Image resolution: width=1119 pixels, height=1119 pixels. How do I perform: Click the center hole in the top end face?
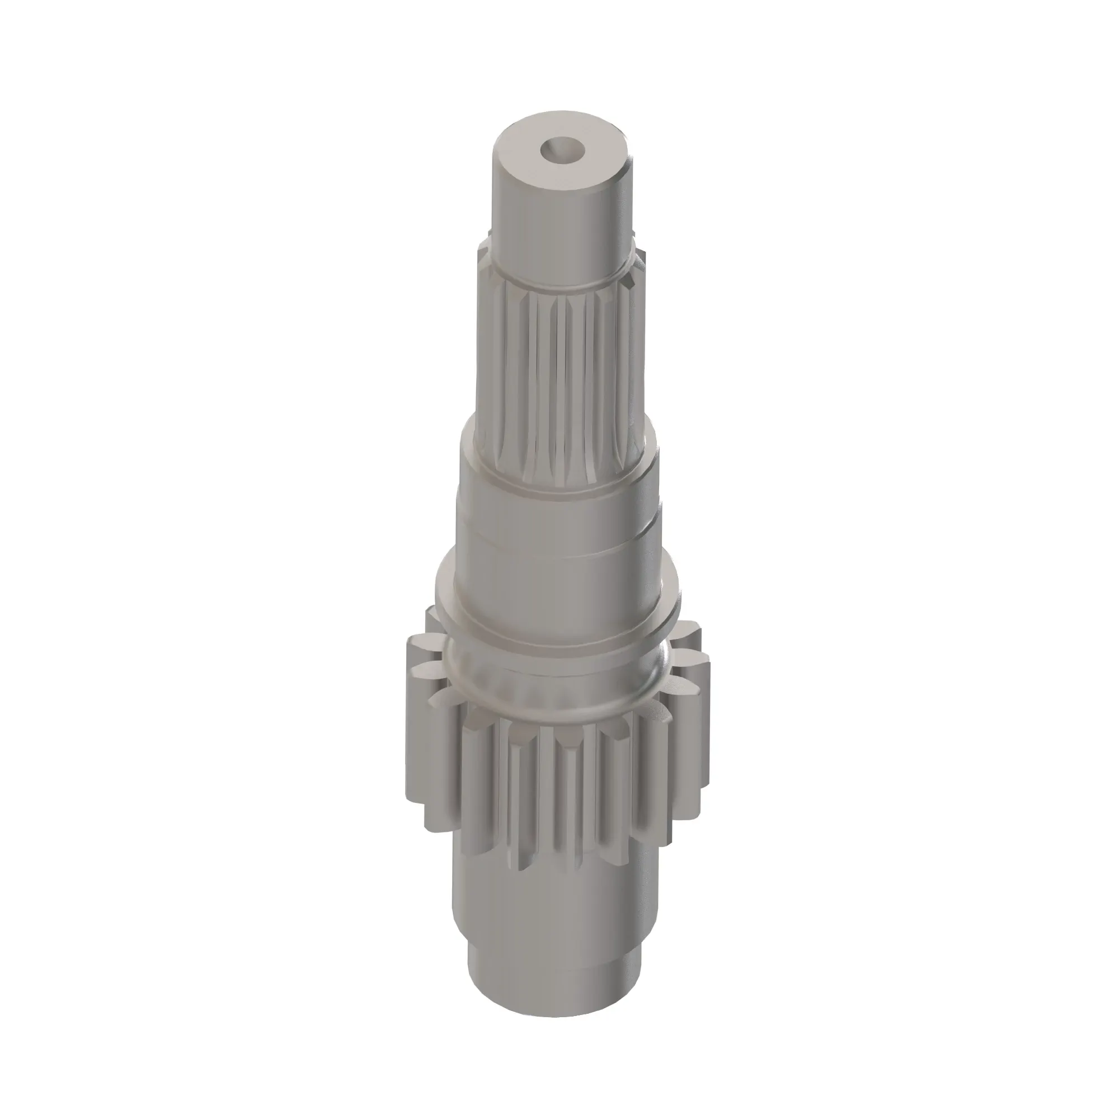coord(562,150)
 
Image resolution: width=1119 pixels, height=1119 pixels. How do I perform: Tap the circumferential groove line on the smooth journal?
coord(559,542)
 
